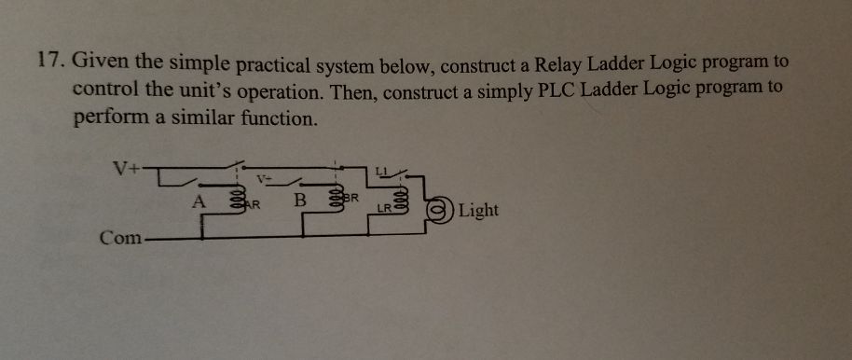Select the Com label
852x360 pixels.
tap(120, 237)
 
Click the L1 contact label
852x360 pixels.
tap(381, 169)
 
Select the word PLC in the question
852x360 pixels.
tap(574, 91)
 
